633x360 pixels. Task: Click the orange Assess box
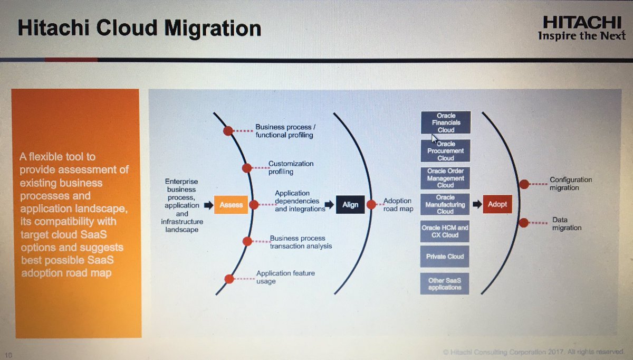coord(231,205)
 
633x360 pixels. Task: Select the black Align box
coord(350,205)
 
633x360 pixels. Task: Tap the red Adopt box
coord(497,204)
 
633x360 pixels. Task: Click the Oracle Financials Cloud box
coord(446,122)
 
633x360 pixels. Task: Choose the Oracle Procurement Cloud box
coord(446,151)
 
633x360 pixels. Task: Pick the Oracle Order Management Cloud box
coord(446,178)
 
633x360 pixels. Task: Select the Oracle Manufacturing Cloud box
coord(446,204)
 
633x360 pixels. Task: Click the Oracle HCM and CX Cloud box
coord(446,231)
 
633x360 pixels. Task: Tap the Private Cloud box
coord(446,257)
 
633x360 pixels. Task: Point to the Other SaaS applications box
coord(445,284)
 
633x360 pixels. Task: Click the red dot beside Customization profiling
coord(246,168)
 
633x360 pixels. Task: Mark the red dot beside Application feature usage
coord(229,279)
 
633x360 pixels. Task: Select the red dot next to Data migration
coord(523,223)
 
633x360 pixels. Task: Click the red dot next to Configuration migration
coord(524,184)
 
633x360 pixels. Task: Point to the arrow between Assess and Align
coord(329,205)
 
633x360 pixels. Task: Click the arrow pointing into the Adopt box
coord(476,204)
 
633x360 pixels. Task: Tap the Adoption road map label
coord(398,205)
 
